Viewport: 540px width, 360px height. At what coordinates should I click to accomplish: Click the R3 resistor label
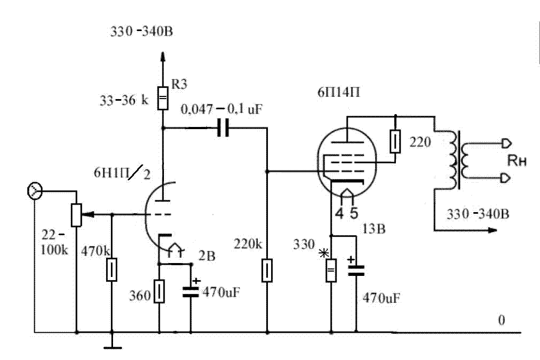pyautogui.click(x=179, y=84)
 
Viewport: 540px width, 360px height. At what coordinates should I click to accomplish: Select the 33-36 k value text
pyautogui.click(x=124, y=100)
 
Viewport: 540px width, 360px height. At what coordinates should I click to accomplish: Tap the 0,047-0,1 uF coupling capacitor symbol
pyautogui.click(x=223, y=128)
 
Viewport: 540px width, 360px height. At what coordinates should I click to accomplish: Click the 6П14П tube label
pyautogui.click(x=339, y=92)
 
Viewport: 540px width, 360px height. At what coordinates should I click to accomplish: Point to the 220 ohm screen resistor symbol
pyautogui.click(x=395, y=141)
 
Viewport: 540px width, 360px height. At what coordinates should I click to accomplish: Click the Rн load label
pyautogui.click(x=517, y=161)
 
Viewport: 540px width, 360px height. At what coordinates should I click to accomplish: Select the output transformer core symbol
pyautogui.click(x=459, y=160)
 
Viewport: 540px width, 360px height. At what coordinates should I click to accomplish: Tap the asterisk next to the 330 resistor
pyautogui.click(x=324, y=253)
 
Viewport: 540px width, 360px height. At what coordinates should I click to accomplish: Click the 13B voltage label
pyautogui.click(x=374, y=229)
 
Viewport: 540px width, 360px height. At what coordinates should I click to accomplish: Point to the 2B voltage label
pyautogui.click(x=207, y=256)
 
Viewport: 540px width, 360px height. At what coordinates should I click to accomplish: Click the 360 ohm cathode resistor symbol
pyautogui.click(x=159, y=291)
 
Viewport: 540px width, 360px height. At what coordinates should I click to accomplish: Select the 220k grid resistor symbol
pyautogui.click(x=267, y=271)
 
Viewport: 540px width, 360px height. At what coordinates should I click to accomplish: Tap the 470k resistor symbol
pyautogui.click(x=111, y=269)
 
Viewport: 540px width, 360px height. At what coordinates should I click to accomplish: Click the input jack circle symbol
pyautogui.click(x=34, y=191)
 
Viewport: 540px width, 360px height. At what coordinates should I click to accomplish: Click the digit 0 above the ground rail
pyautogui.click(x=501, y=320)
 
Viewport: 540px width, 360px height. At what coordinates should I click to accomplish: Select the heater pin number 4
pyautogui.click(x=339, y=214)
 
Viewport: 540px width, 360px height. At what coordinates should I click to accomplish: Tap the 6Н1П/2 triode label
pyautogui.click(x=122, y=173)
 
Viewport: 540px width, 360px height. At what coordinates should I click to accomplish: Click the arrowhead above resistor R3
pyautogui.click(x=163, y=56)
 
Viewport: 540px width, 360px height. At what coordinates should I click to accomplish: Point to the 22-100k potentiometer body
pyautogui.click(x=76, y=215)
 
